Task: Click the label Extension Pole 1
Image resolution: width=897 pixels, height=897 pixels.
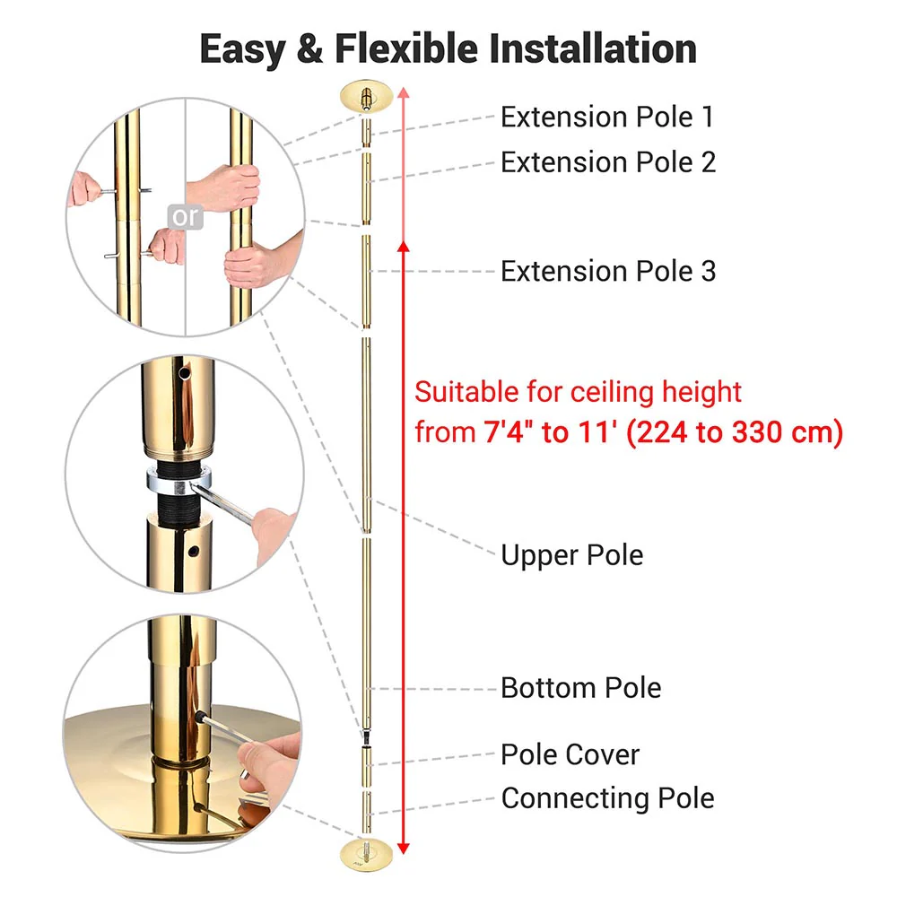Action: click(x=608, y=118)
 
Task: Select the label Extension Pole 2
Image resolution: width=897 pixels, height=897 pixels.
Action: click(x=608, y=162)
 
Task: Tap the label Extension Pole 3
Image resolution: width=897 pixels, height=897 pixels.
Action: click(x=608, y=271)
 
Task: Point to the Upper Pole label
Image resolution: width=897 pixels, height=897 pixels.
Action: click(x=571, y=555)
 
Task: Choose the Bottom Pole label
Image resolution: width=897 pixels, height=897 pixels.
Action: click(x=580, y=688)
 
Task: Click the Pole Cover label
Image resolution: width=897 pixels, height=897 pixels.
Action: click(x=570, y=754)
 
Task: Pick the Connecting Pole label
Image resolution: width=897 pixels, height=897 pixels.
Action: click(x=607, y=797)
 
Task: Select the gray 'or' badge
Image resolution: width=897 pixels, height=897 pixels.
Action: click(x=186, y=217)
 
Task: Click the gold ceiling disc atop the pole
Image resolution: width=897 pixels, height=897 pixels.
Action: click(x=367, y=96)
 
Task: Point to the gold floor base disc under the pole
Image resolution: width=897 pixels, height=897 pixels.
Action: click(x=367, y=849)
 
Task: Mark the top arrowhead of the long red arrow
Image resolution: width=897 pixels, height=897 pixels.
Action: click(x=404, y=92)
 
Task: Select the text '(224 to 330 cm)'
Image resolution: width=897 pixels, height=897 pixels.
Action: click(x=735, y=433)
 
